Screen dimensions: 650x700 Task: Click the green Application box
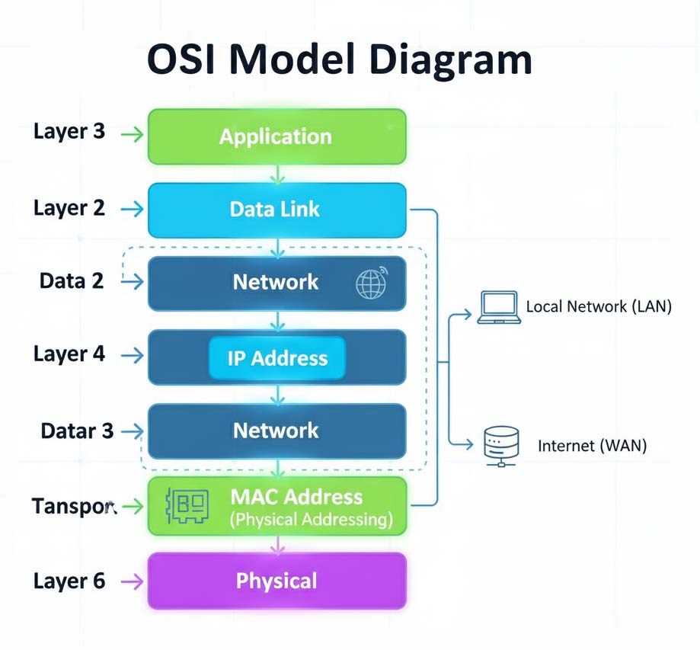pyautogui.click(x=276, y=137)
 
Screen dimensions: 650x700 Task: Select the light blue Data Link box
pyautogui.click(x=276, y=210)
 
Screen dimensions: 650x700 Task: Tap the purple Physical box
pyautogui.click(x=276, y=581)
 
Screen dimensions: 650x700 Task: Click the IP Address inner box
pyautogui.click(x=276, y=358)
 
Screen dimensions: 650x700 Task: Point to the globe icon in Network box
pyautogui.click(x=371, y=283)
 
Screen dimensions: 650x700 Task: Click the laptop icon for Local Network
pyautogui.click(x=499, y=307)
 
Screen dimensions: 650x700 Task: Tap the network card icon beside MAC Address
pyautogui.click(x=187, y=506)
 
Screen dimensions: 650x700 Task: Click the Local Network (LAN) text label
pyautogui.click(x=599, y=307)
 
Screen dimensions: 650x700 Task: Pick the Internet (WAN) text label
pyautogui.click(x=592, y=446)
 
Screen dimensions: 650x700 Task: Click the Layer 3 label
pyautogui.click(x=69, y=131)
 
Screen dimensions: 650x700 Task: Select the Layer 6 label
pyautogui.click(x=69, y=581)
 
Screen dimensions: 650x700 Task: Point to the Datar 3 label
pyautogui.click(x=77, y=431)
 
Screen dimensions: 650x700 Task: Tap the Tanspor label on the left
pyautogui.click(x=74, y=506)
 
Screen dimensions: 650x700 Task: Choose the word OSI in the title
pyautogui.click(x=181, y=59)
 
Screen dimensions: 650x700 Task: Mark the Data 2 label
pyautogui.click(x=72, y=281)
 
